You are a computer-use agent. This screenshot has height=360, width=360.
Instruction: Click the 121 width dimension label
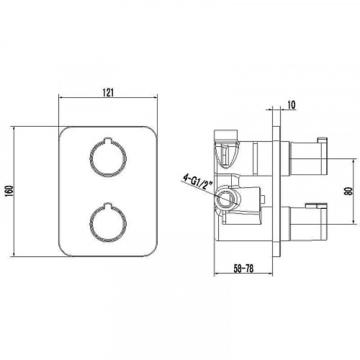[x=108, y=92]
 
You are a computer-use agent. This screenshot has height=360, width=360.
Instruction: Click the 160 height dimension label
[x=9, y=192]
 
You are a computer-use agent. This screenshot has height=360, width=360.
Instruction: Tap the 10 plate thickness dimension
[x=291, y=105]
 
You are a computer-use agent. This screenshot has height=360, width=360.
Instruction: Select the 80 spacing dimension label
[x=348, y=192]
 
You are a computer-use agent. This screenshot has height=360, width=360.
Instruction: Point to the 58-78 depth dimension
[x=243, y=269]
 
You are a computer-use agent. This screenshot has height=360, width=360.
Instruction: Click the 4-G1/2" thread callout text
[x=198, y=182]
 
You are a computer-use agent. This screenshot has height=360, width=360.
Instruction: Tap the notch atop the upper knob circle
[x=108, y=140]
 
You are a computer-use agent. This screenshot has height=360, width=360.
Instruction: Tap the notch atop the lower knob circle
[x=108, y=204]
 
